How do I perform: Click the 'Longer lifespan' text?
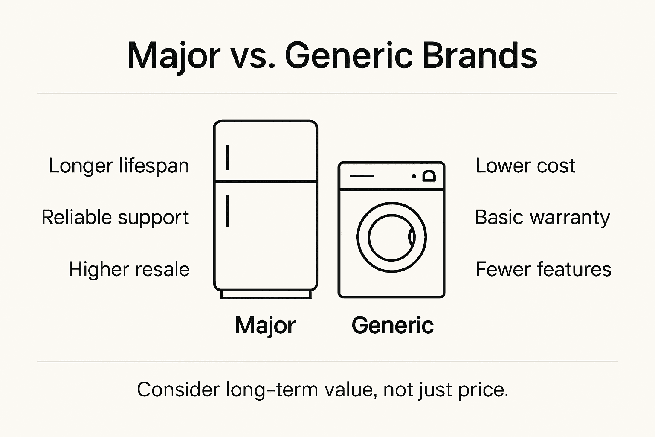[x=119, y=166]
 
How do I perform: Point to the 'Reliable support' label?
[x=115, y=218]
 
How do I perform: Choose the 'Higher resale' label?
[x=129, y=270]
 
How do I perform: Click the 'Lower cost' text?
[x=525, y=166]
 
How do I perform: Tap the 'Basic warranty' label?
[x=542, y=218]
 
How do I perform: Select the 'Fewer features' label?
[x=543, y=270]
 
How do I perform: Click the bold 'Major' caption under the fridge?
[x=265, y=326]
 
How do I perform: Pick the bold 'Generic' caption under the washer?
[x=392, y=325]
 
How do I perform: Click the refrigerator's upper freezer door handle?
[x=227, y=157]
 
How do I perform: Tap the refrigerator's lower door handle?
[x=227, y=211]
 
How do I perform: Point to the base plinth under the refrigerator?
[x=266, y=294]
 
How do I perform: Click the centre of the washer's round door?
[x=391, y=237]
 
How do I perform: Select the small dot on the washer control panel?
[x=414, y=176]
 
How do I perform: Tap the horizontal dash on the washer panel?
[x=362, y=176]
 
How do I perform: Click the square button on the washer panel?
[x=429, y=176]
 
